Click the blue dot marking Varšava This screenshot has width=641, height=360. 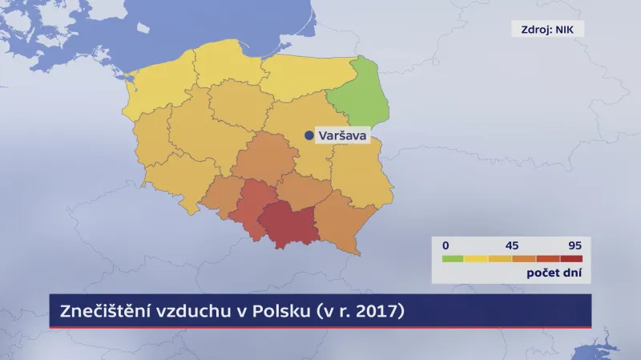click(x=309, y=136)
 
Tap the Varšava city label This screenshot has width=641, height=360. click(x=342, y=136)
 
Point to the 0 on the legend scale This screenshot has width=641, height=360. click(x=446, y=244)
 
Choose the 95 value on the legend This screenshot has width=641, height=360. click(x=574, y=244)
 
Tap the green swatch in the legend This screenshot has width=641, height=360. click(x=453, y=258)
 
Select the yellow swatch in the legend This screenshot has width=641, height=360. click(x=477, y=258)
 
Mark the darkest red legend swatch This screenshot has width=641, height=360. click(x=571, y=258)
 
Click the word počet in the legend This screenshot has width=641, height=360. click(x=543, y=273)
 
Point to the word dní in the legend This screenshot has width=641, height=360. click(x=572, y=273)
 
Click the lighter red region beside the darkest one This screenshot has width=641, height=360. click(x=250, y=207)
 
